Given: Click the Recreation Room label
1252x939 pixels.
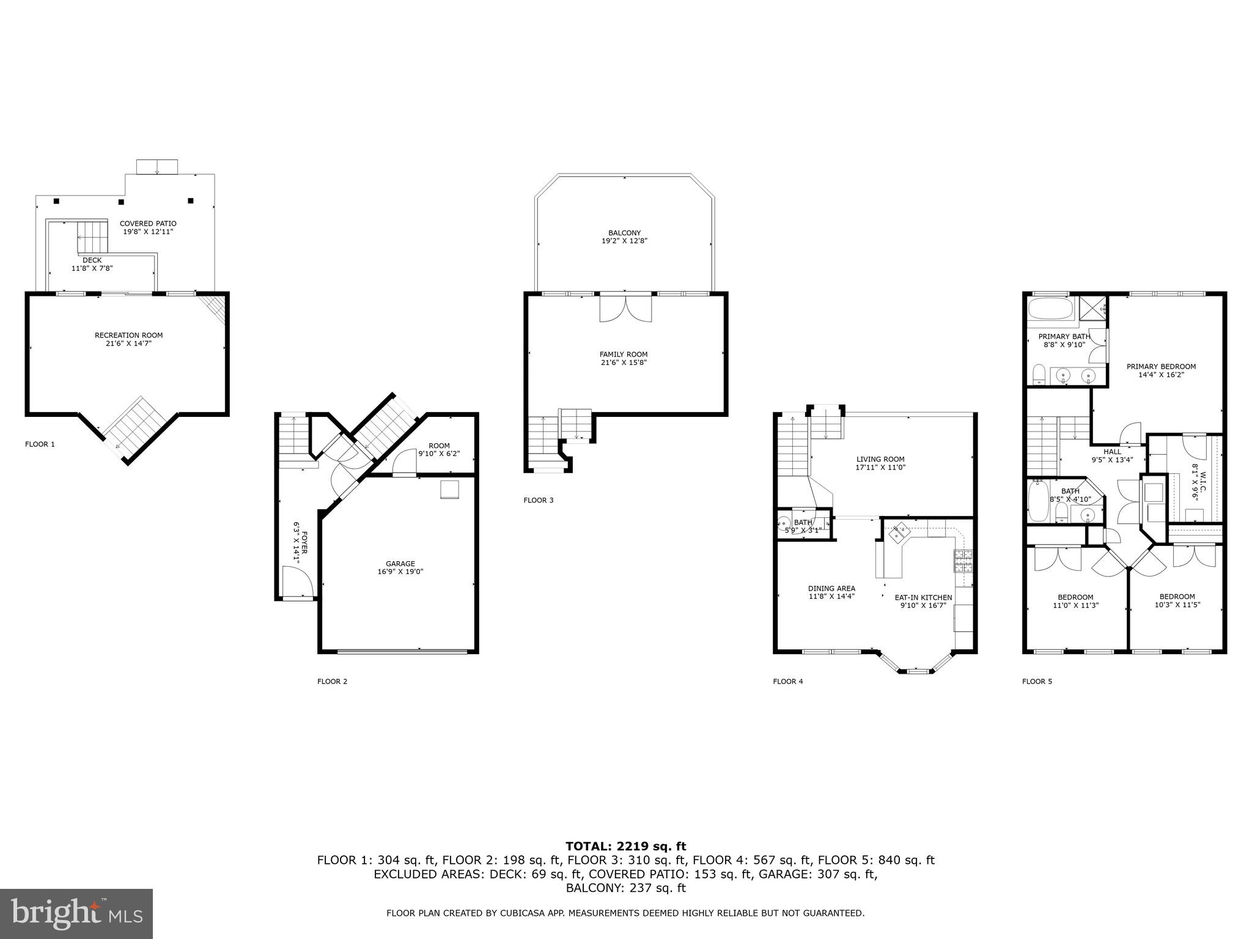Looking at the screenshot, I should [x=128, y=335].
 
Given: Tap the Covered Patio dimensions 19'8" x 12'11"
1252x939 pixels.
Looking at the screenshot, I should [x=148, y=232].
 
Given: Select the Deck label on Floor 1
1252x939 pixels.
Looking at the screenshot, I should [x=92, y=260].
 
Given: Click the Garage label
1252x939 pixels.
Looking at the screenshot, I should [x=400, y=564].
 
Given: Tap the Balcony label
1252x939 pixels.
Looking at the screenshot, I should [x=624, y=233].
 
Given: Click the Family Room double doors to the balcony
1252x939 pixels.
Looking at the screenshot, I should [x=625, y=309].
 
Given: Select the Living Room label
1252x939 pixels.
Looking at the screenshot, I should [x=880, y=459].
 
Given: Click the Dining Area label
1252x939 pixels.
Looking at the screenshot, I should [x=831, y=589].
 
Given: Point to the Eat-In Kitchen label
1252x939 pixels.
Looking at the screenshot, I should [x=923, y=597].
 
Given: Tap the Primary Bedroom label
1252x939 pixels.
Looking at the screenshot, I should [x=1161, y=367].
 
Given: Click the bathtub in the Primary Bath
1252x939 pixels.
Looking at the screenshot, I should [x=1050, y=309].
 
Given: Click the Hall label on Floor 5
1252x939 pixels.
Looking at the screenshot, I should [x=1112, y=452].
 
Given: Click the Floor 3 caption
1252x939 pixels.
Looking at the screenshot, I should [x=539, y=500].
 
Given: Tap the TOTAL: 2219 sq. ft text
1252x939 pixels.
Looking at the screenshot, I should [x=625, y=847].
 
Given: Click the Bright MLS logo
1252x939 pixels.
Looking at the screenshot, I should [x=76, y=913].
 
